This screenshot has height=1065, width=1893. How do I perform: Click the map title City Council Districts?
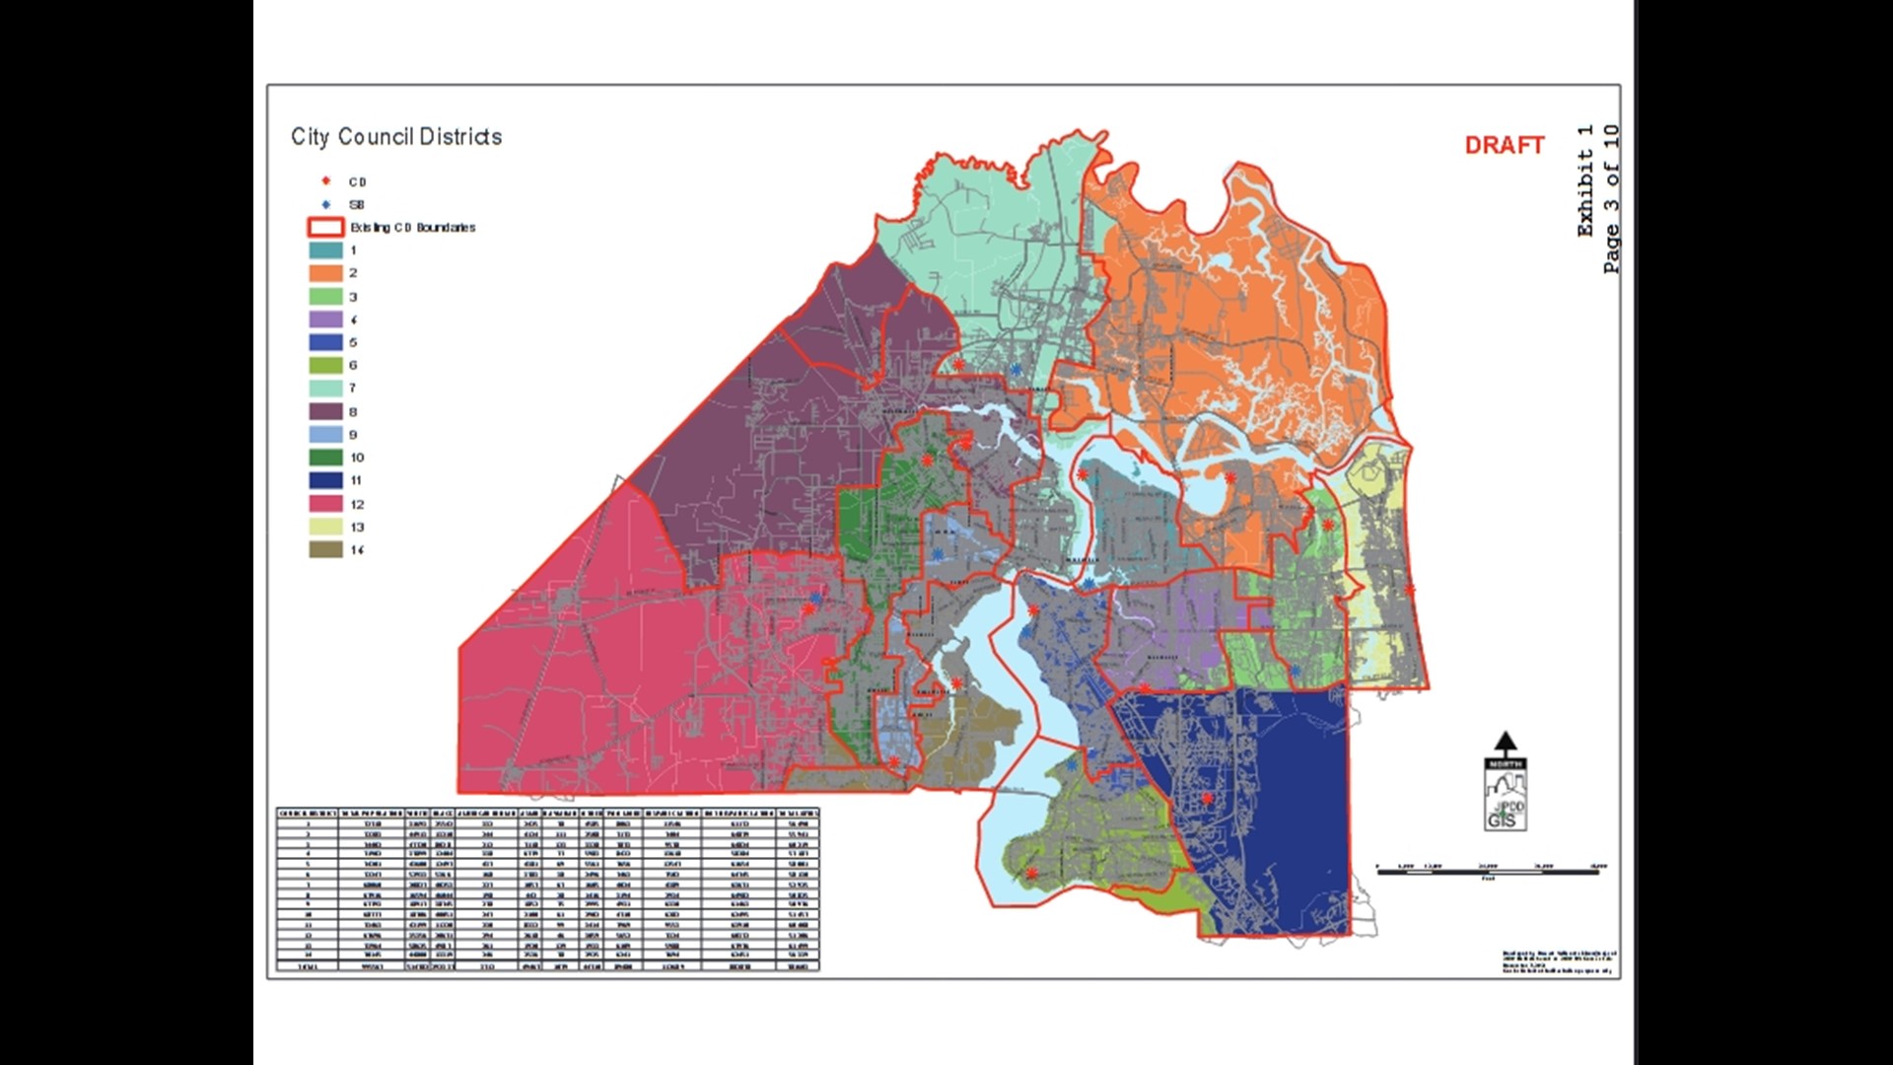click(396, 137)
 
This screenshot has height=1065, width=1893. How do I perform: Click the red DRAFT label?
click(1504, 146)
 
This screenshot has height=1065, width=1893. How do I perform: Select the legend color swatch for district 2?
click(326, 273)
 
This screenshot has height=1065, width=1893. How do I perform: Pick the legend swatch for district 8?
click(326, 411)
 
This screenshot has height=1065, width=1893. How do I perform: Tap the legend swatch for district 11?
click(326, 480)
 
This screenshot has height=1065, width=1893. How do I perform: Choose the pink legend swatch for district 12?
click(326, 504)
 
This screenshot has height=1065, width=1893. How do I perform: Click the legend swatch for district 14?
click(326, 550)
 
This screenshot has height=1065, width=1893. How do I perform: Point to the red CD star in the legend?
click(326, 181)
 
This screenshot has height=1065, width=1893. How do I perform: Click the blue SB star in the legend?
click(326, 204)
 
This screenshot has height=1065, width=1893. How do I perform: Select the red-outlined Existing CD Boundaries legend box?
click(326, 228)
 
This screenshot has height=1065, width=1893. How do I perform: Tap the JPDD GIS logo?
click(1505, 804)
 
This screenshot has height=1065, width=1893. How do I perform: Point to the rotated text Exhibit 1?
click(1584, 180)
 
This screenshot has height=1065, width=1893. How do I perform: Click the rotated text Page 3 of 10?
click(1611, 198)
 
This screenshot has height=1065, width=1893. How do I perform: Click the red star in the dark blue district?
click(1207, 798)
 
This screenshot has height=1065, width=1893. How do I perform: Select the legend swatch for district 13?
click(326, 527)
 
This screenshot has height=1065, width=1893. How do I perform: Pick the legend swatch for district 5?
click(326, 342)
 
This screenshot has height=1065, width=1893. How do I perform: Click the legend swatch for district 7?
click(326, 389)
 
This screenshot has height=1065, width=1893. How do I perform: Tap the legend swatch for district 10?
click(326, 458)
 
